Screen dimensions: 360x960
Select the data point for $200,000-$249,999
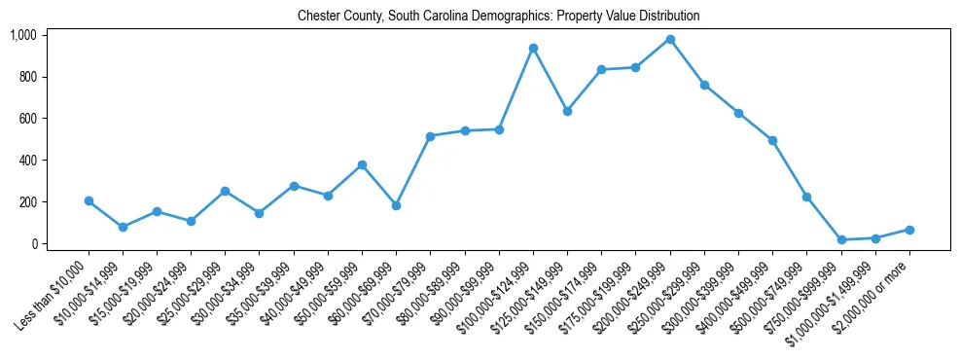click(x=670, y=39)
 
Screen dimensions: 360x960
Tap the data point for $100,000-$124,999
click(x=533, y=48)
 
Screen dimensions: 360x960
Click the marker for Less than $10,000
click(x=89, y=200)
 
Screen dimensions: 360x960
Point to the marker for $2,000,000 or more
click(x=909, y=230)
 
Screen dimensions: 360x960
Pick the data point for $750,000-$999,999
click(x=841, y=239)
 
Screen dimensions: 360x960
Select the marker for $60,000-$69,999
click(x=396, y=205)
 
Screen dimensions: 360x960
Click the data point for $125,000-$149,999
click(x=567, y=111)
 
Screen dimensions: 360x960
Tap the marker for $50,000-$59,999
click(x=362, y=164)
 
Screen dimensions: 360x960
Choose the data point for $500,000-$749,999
click(x=806, y=197)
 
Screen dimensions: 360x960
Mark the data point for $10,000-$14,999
click(x=124, y=227)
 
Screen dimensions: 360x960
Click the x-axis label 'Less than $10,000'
click(x=54, y=292)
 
